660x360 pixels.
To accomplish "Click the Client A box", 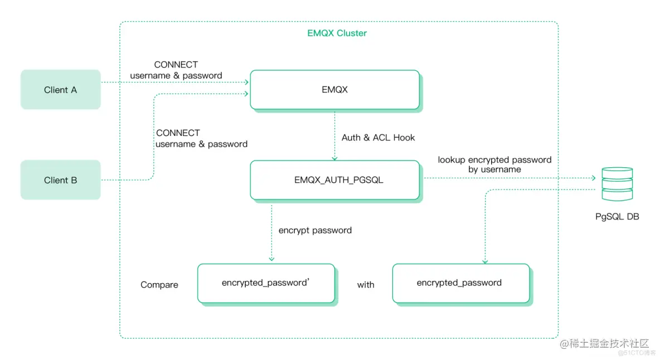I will [x=60, y=90].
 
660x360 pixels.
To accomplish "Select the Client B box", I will [x=60, y=180].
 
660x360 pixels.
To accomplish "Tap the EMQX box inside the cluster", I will [x=334, y=90].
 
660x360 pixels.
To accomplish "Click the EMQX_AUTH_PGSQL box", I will [x=334, y=180].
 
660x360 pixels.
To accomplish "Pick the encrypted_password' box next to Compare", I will [x=266, y=283].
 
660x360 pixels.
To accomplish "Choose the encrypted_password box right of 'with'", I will [x=460, y=283].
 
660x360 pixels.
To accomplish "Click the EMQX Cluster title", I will [x=337, y=33].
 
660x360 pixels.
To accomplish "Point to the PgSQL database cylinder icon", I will [x=617, y=184].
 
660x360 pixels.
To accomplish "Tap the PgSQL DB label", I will [x=617, y=216].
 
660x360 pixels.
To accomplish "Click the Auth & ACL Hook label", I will [x=378, y=138].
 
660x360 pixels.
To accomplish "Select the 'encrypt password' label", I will [x=315, y=230].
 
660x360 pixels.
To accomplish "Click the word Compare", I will [x=159, y=285].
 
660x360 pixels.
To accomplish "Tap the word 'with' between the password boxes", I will [x=366, y=285].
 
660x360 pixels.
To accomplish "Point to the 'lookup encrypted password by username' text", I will [x=494, y=164].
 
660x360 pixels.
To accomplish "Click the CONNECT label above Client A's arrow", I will [x=176, y=65].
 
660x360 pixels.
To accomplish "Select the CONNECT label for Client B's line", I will [x=178, y=133].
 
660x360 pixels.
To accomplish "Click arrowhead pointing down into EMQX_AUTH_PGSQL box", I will [x=334, y=158].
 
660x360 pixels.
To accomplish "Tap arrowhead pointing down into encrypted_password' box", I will [x=271, y=259].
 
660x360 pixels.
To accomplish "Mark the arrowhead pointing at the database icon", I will [x=593, y=178].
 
